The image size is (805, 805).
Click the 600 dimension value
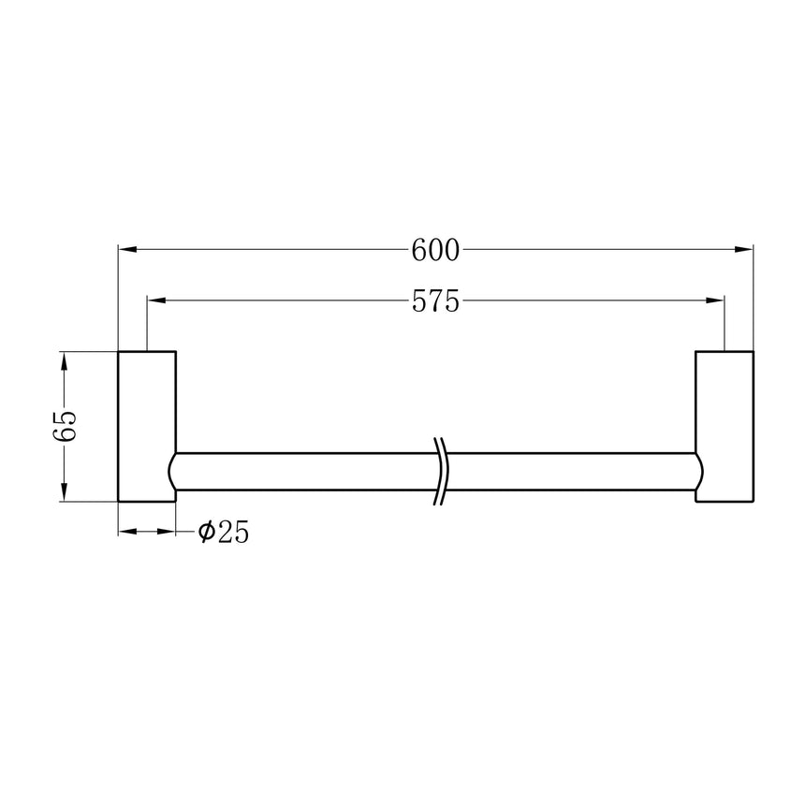tap(435, 250)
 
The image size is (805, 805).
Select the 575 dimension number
tap(435, 300)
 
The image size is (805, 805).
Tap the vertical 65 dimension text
tap(64, 427)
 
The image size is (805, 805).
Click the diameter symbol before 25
tap(206, 533)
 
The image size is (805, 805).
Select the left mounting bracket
tap(146, 427)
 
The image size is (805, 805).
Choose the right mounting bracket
tap(724, 427)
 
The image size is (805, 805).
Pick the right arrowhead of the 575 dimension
tap(715, 300)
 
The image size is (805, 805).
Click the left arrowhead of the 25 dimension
tap(127, 532)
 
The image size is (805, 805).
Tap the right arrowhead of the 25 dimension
tap(168, 532)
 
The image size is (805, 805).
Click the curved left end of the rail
tap(173, 471)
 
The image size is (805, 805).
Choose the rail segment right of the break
tap(571, 471)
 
